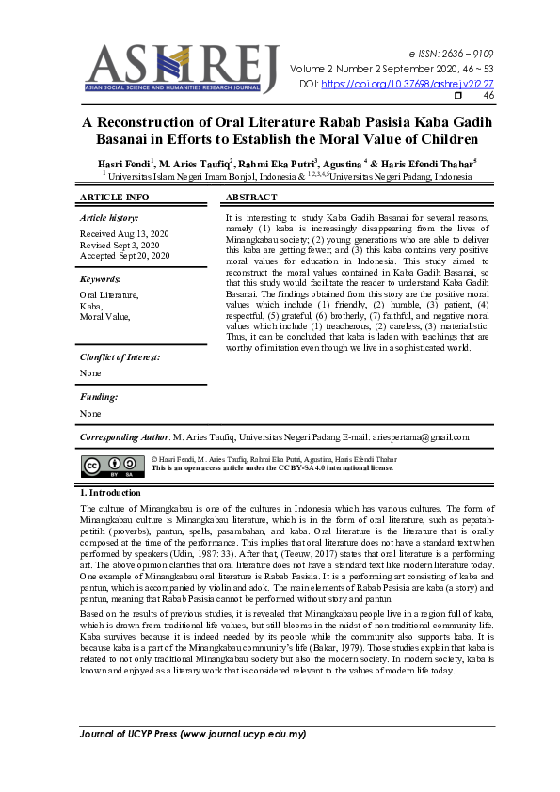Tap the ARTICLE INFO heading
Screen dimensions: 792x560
click(115, 198)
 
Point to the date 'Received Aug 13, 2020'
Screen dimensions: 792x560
click(125, 233)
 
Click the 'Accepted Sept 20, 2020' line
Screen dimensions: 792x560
click(125, 256)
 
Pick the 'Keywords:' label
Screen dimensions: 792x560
click(101, 279)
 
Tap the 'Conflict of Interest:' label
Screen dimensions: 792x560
click(120, 357)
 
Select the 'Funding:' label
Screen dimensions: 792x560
click(99, 397)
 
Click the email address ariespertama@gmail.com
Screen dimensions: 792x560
click(417, 437)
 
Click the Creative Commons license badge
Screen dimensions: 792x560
click(112, 467)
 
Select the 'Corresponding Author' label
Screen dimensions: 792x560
click(124, 437)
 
